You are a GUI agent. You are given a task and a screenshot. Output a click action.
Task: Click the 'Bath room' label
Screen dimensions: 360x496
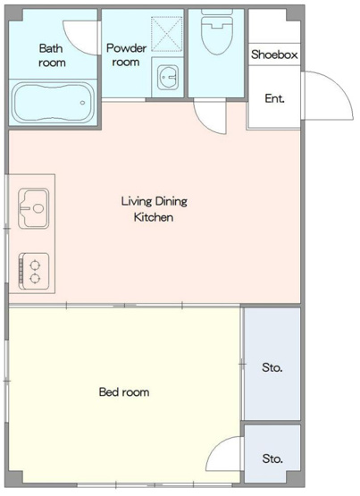(x=52, y=55)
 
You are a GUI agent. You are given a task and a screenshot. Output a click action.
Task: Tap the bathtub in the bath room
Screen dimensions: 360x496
(x=53, y=102)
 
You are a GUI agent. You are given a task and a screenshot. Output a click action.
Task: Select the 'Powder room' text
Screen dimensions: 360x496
(x=126, y=55)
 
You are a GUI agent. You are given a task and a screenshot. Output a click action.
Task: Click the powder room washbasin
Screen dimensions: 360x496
(x=168, y=77)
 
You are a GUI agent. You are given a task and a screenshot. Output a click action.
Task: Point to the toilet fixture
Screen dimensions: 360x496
(x=217, y=31)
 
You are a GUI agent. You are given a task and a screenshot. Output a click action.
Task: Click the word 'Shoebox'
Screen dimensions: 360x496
(x=274, y=55)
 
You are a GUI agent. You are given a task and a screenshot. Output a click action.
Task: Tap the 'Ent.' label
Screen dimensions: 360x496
(x=274, y=98)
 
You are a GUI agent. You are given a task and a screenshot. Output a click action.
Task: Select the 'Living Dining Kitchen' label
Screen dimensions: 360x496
(x=155, y=209)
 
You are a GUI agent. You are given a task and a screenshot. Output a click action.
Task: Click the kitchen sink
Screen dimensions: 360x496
(x=34, y=208)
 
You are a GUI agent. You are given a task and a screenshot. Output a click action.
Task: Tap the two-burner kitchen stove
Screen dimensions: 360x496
(x=34, y=271)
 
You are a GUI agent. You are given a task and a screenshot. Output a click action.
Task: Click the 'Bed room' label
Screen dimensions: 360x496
(x=124, y=392)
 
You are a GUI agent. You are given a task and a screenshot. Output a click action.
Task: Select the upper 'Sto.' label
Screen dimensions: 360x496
(x=272, y=367)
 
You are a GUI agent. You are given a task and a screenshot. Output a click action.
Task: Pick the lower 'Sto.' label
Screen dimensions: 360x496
(x=272, y=458)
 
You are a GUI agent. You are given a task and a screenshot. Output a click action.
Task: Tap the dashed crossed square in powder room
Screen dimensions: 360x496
(x=167, y=34)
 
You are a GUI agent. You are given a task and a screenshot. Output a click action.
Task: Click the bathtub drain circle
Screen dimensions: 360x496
(x=83, y=103)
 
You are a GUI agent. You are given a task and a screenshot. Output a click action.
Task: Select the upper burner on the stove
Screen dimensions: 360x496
(x=35, y=265)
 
